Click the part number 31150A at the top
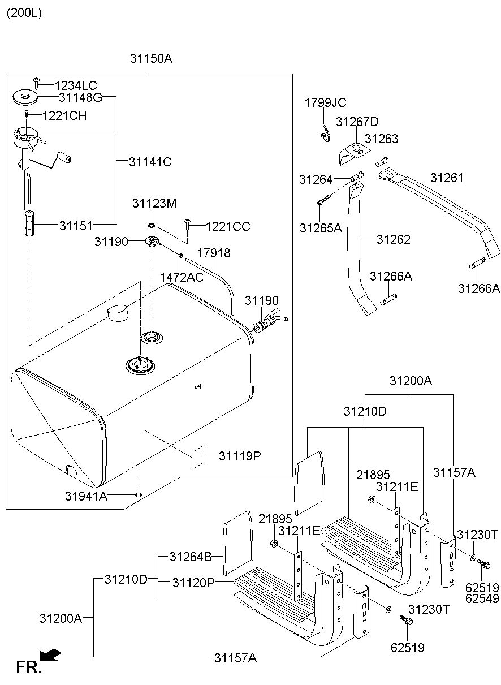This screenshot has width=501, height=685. tap(150, 58)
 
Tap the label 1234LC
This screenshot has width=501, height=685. tap(76, 85)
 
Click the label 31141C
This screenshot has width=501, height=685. tap(150, 162)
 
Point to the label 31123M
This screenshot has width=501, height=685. tap(154, 203)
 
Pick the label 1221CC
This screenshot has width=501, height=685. tap(227, 227)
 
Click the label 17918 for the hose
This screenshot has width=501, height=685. tap(213, 253)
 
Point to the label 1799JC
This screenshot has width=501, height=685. tap(325, 102)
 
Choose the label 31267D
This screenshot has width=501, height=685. tap(357, 122)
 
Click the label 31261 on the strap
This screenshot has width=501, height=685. tap(447, 178)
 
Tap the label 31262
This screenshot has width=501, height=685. tap(394, 239)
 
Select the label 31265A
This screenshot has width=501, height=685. tap(321, 228)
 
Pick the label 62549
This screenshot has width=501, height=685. tap(481, 598)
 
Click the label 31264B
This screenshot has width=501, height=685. tap(191, 557)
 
